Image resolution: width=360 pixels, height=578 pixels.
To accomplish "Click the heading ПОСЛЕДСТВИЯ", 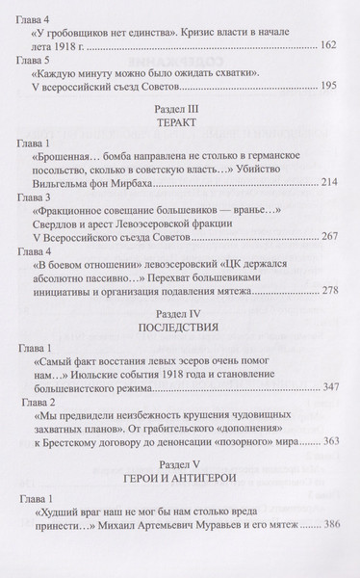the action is pos(180,359).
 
